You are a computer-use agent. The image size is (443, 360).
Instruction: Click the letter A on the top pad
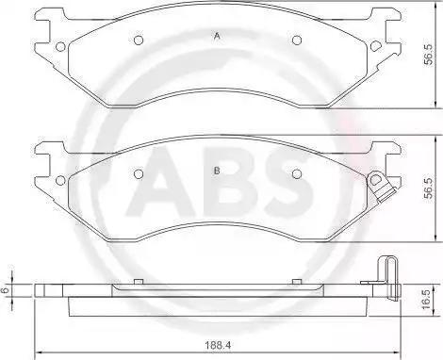(217, 36)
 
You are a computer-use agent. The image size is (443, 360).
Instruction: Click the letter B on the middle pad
(217, 171)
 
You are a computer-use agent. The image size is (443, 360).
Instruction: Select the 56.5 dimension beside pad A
(428, 55)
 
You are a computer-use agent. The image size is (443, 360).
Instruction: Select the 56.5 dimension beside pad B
(428, 188)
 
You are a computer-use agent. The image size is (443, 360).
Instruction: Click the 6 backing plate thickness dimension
(4, 290)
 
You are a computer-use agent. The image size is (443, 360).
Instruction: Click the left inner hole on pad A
(139, 41)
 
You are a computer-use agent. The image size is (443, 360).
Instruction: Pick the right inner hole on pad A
(297, 41)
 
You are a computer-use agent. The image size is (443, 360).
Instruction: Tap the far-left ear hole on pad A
(60, 46)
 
